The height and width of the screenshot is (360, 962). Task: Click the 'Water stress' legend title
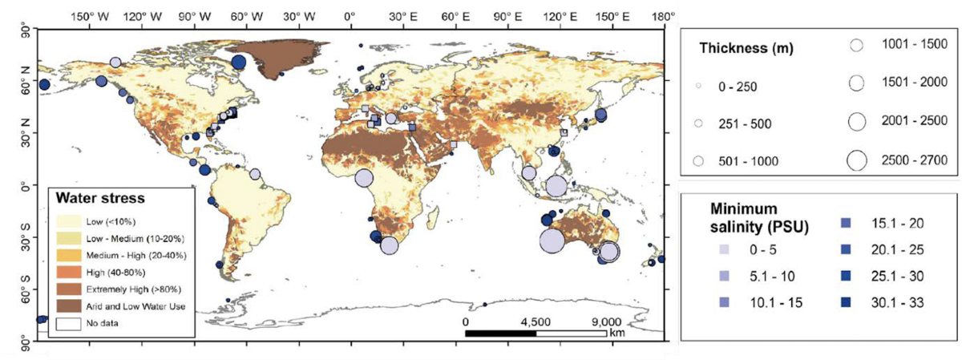click(x=99, y=196)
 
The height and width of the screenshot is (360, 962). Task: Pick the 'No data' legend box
click(x=69, y=323)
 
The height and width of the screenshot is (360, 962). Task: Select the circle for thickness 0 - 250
click(x=698, y=85)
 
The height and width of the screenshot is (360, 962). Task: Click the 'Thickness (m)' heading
click(x=746, y=48)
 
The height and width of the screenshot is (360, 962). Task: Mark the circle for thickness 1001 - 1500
click(x=856, y=45)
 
